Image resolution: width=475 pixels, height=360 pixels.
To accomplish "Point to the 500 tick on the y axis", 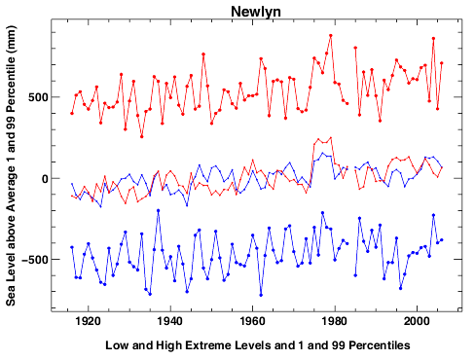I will pyautogui.click(x=36, y=96).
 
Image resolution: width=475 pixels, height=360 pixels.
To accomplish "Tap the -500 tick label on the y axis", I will pyautogui.click(x=33, y=261).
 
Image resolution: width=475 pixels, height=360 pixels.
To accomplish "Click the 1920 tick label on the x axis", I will pyautogui.click(x=88, y=320).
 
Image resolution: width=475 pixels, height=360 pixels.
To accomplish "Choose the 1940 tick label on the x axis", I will pyautogui.click(x=170, y=320).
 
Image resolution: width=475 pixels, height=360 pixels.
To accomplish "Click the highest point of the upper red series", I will pyautogui.click(x=331, y=36).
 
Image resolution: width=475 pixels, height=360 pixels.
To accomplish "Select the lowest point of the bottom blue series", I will pyautogui.click(x=261, y=295).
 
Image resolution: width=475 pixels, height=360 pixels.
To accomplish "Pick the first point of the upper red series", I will pyautogui.click(x=72, y=113).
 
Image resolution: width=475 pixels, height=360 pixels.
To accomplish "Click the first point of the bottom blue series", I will pyautogui.click(x=72, y=247).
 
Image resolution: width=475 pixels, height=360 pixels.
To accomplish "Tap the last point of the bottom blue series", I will pyautogui.click(x=442, y=239).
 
